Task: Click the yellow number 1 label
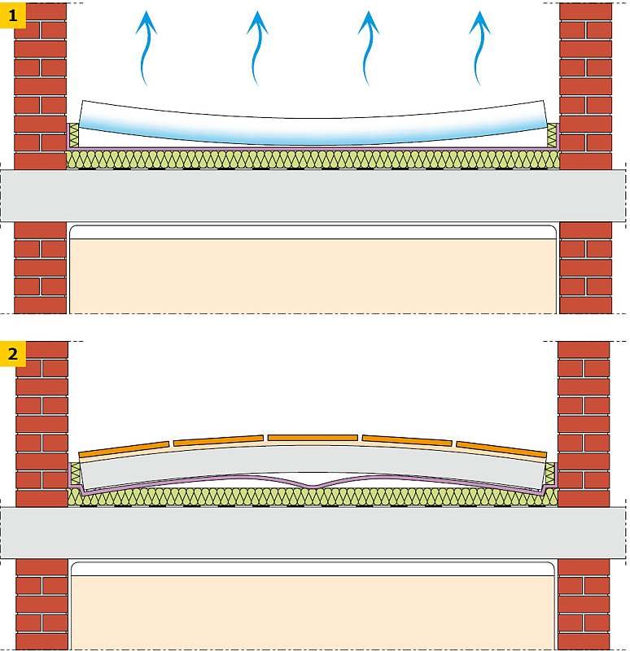(x=13, y=15)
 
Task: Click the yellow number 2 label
(x=13, y=354)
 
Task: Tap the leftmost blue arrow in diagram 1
(x=145, y=49)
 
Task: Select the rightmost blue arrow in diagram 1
(x=479, y=49)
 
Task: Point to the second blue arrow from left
(x=256, y=49)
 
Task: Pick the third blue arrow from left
(x=367, y=49)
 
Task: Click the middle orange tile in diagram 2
(x=313, y=438)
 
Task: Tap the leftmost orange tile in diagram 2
(x=125, y=449)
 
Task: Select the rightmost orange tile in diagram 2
(x=501, y=449)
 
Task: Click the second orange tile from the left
(x=218, y=440)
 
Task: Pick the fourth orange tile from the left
(x=407, y=440)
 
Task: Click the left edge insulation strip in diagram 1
(x=74, y=135)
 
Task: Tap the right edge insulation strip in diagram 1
(x=552, y=135)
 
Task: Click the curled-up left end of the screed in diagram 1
(x=83, y=113)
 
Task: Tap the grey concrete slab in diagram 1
(x=313, y=195)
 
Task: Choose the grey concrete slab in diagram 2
(x=313, y=533)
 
